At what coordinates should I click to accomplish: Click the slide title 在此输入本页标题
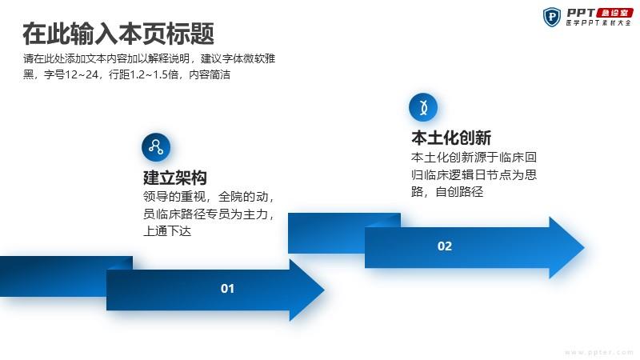point(118,33)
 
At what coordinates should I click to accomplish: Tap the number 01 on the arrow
point(227,289)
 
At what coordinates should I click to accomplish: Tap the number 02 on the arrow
point(445,246)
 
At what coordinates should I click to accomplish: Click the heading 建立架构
point(174,178)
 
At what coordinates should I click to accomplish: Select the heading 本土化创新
point(451,138)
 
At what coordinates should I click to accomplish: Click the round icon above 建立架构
point(156,147)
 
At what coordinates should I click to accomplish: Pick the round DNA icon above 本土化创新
point(423,107)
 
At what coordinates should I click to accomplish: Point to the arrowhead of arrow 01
point(307,290)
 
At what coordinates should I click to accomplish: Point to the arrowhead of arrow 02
point(566,247)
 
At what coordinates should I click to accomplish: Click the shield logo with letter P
point(552,17)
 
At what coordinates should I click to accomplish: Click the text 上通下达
point(167,231)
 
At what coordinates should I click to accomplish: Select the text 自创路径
point(459,191)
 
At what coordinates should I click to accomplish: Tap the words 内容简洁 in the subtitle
point(210,74)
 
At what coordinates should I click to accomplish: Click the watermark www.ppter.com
point(598,352)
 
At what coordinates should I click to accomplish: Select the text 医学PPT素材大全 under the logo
point(598,23)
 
